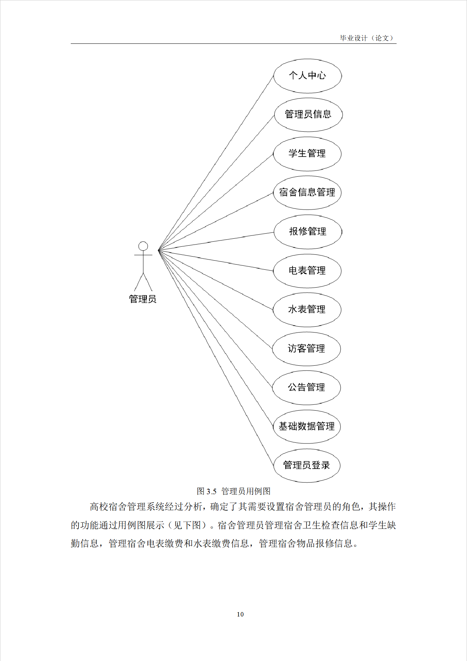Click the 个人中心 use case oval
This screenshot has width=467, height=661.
coord(308,76)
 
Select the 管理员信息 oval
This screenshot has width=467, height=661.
coord(308,115)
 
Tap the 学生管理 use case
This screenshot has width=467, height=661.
coord(307,154)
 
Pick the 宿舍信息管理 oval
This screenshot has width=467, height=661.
coord(307,193)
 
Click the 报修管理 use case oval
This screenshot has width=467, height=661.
coord(308,232)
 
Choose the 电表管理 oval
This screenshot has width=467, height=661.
coord(307,271)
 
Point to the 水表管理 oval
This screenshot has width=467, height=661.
coord(307,310)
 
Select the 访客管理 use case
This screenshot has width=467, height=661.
coord(306,349)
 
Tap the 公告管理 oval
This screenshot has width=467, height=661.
coord(306,388)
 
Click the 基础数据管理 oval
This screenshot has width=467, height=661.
coord(306,426)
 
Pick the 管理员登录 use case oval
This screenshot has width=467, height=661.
coord(306,465)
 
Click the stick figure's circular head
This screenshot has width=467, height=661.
coord(143,246)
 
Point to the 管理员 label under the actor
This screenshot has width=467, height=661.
coord(143,299)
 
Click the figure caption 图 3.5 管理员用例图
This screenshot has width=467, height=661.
coord(233,491)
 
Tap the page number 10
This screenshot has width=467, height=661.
coord(240,614)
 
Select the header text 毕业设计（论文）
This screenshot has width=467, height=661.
coord(367,38)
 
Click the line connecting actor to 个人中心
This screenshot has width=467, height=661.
coord(216,163)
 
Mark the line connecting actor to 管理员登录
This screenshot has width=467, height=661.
coord(216,358)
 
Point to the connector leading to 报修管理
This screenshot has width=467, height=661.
coord(216,241)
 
